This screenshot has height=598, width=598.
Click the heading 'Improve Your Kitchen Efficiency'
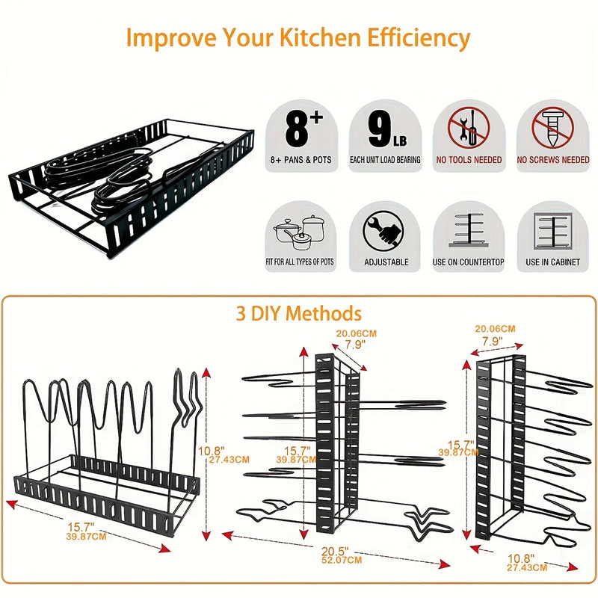pos(298,37)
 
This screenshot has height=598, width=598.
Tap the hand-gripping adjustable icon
pos(385,230)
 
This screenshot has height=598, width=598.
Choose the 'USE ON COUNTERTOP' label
pos(469,262)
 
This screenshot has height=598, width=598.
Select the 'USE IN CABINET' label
pos(553,262)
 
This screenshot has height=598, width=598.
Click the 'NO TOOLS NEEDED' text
pos(469,160)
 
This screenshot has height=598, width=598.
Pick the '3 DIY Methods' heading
pos(299,313)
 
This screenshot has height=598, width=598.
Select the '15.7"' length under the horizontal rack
pos(84,528)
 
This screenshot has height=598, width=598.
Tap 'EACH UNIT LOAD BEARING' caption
pos(385,160)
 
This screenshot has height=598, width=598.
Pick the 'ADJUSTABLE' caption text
pos(386,262)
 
